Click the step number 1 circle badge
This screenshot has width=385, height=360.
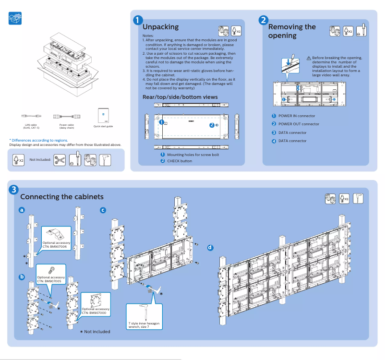click(138, 20)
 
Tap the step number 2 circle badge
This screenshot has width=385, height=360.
click(263, 20)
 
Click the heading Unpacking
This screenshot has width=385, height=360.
click(160, 27)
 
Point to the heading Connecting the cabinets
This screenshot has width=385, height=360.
click(62, 197)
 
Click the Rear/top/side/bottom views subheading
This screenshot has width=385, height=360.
click(180, 97)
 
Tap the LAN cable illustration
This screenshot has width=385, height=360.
click(32, 116)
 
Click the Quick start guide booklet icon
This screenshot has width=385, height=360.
click(103, 115)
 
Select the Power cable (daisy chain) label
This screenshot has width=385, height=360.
click(66, 126)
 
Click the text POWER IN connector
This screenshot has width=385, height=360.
click(297, 116)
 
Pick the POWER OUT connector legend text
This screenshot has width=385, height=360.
click(299, 124)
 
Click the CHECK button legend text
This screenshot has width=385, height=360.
click(180, 161)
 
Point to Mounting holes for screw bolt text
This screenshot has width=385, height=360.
click(193, 155)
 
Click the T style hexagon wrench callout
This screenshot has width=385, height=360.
click(145, 316)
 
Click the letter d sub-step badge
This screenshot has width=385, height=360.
click(210, 248)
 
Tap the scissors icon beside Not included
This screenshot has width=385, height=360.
click(60, 160)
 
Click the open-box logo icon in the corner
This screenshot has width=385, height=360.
click(15, 19)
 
